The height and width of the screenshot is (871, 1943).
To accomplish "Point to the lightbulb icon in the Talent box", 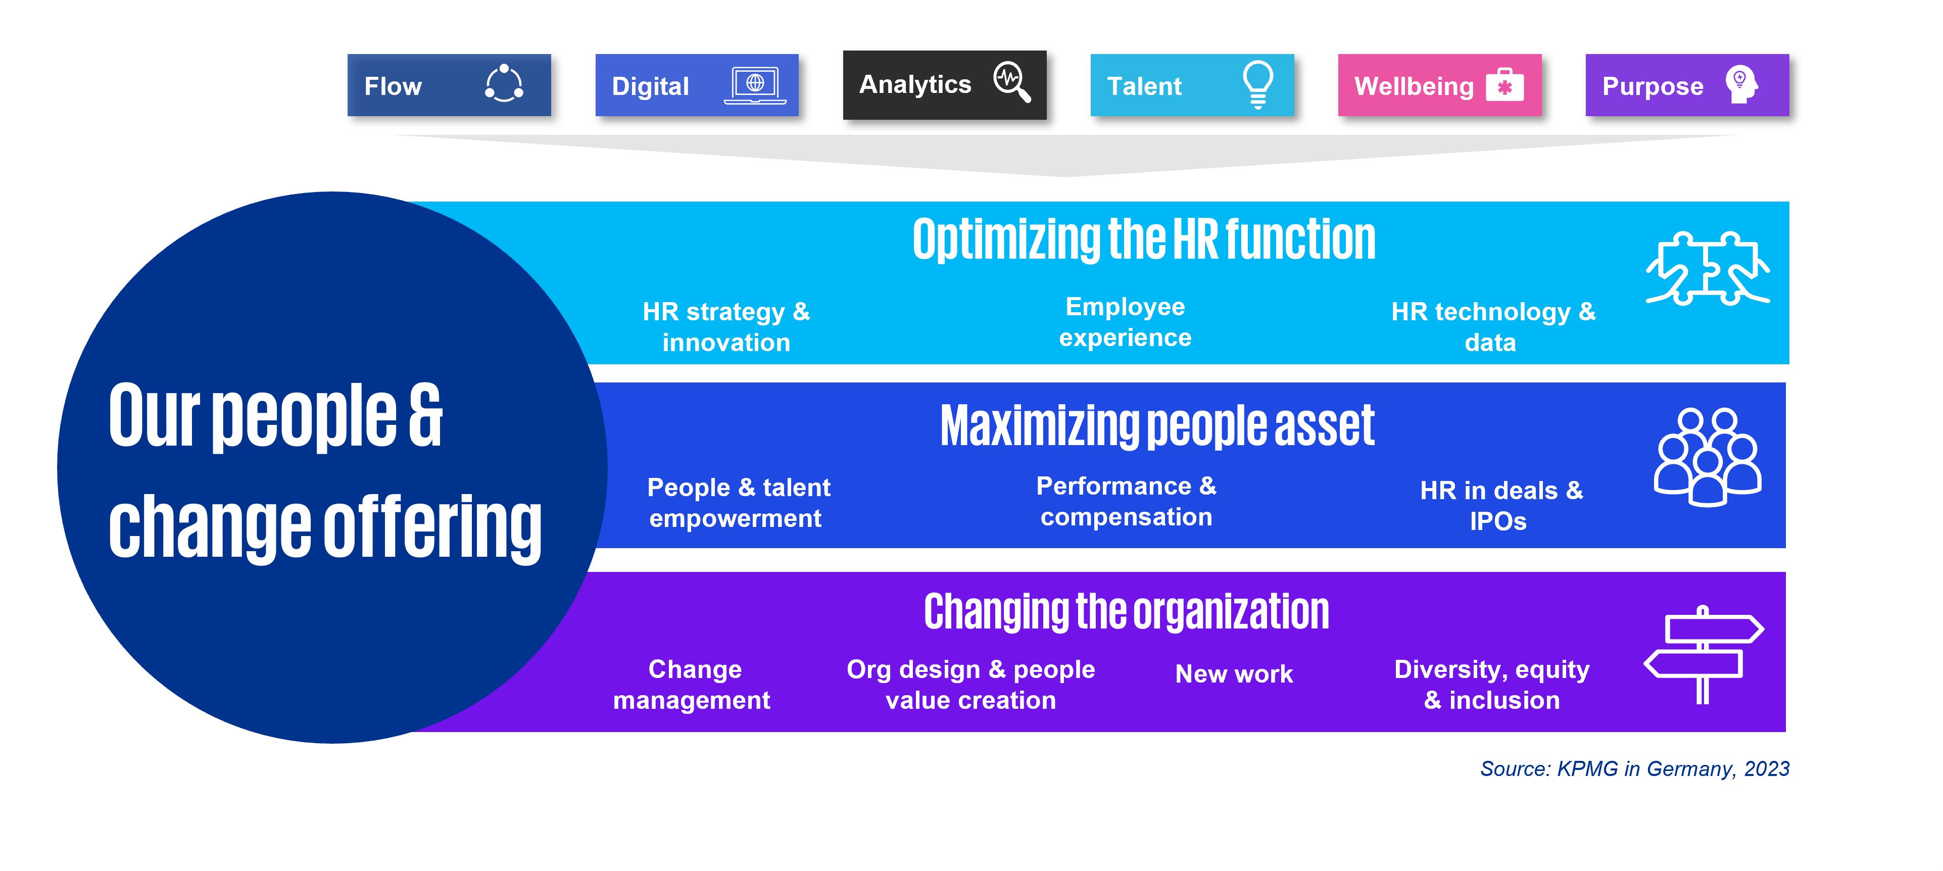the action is click(x=1258, y=84).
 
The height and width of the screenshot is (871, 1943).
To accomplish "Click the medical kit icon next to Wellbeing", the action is click(x=1505, y=85).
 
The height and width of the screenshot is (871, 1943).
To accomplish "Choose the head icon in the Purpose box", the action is click(x=1741, y=84).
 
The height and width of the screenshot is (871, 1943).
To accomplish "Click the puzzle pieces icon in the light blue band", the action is click(x=1708, y=268).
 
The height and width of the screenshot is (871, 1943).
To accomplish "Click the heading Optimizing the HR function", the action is click(x=1143, y=240).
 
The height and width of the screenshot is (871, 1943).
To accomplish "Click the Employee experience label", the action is click(x=1126, y=322).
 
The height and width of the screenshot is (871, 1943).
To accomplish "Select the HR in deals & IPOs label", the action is click(x=1501, y=505).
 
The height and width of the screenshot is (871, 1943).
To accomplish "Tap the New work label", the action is click(x=1234, y=673).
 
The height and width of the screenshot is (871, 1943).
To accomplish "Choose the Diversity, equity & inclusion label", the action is click(x=1492, y=685).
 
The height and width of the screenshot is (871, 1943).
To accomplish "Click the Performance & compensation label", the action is click(x=1126, y=502).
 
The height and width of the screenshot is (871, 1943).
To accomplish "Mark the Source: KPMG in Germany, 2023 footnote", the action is click(x=1634, y=768).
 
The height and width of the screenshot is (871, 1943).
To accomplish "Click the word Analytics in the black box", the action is click(x=915, y=84).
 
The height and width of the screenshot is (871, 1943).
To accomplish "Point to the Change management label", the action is click(x=692, y=685).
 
